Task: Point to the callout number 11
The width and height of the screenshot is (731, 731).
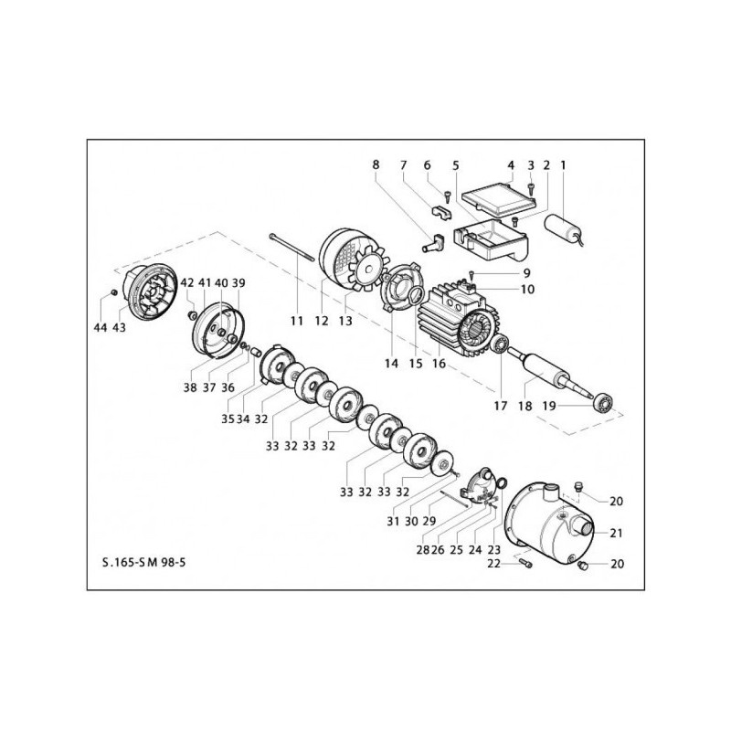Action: [x=296, y=321]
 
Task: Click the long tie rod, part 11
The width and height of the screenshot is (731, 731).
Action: [x=292, y=251]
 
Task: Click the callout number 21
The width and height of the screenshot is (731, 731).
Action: [x=617, y=533]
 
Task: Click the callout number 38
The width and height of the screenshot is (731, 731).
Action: [x=190, y=387]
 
